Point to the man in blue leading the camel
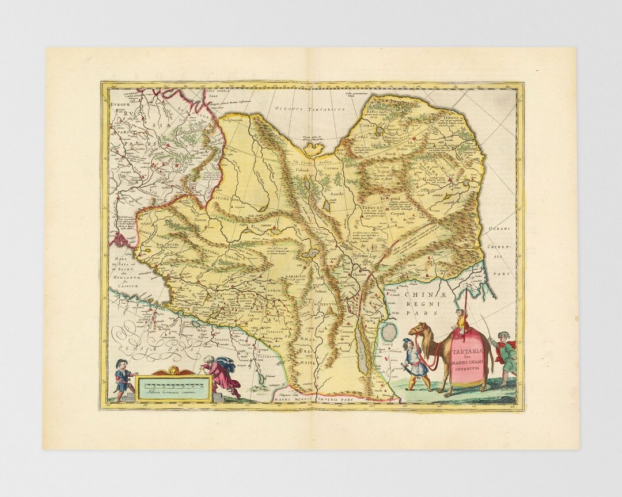[x=414, y=366]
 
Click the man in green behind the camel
[x=504, y=354]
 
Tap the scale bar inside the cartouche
[x=170, y=383]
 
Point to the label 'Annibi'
[x=336, y=194]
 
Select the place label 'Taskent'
[x=320, y=292]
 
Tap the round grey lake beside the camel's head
[x=390, y=332]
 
